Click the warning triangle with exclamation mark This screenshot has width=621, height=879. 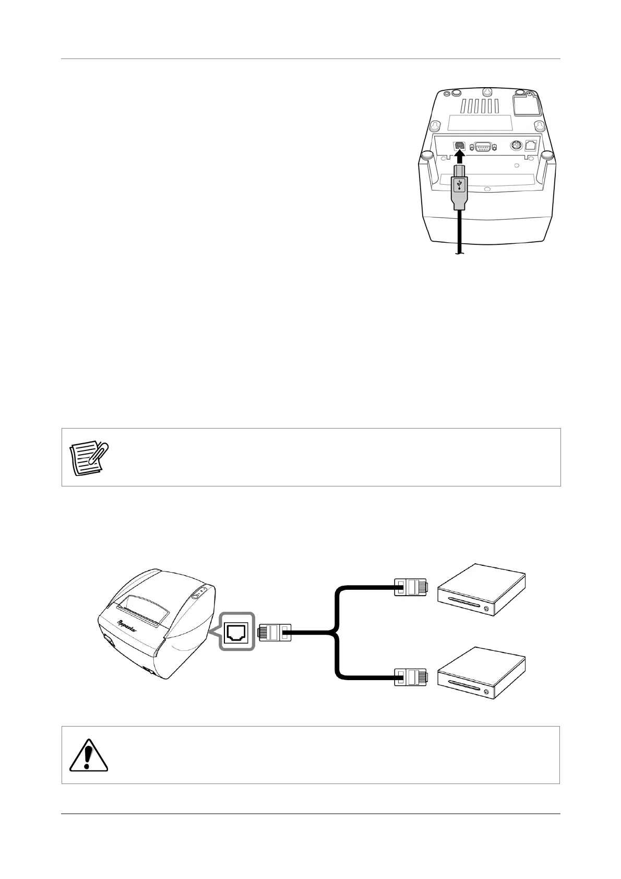pos(89,755)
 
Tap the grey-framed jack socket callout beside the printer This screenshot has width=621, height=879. pos(237,632)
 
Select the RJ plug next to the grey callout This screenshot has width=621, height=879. pos(274,633)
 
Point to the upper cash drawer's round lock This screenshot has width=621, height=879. pos(486,609)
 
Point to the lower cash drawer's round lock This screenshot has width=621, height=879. pos(486,692)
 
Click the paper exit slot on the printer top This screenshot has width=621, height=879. pos(138,608)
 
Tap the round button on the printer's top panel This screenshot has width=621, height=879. pos(195,596)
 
